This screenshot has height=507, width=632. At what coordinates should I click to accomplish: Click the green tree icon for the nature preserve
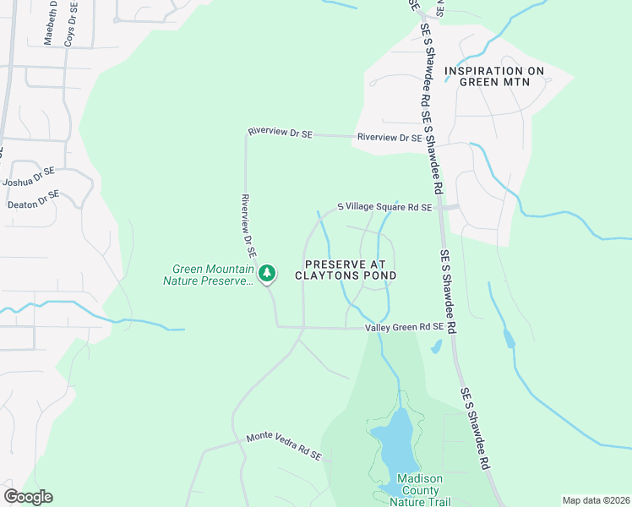click(x=267, y=273)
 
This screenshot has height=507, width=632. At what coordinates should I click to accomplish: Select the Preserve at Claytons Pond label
click(x=346, y=270)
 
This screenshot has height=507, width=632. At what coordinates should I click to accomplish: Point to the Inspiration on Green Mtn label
click(x=494, y=77)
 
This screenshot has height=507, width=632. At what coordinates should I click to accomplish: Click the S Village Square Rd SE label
click(x=384, y=207)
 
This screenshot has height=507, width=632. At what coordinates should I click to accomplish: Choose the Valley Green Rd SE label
click(x=404, y=327)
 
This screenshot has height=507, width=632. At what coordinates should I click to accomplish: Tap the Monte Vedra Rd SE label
click(x=284, y=445)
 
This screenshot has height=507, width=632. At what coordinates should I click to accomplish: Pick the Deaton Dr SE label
click(x=33, y=199)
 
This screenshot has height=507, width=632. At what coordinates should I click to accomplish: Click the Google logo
click(x=28, y=497)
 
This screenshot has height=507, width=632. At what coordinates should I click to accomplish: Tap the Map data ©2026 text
click(x=596, y=500)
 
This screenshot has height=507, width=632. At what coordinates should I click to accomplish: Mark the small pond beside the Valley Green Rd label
click(x=435, y=346)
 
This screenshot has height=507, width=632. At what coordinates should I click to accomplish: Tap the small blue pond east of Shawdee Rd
click(x=507, y=338)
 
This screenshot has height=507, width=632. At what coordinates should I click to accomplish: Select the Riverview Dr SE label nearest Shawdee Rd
click(x=390, y=137)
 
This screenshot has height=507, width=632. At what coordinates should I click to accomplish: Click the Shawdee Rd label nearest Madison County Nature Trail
click(x=476, y=428)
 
